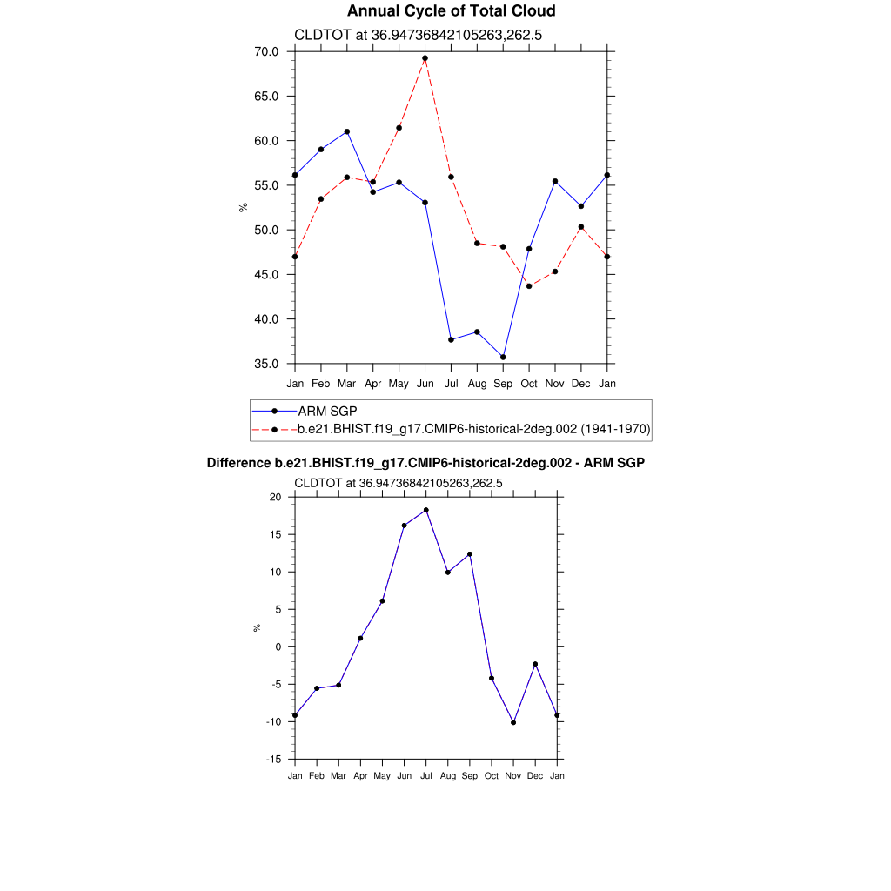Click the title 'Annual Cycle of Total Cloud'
451,11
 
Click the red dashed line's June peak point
425,58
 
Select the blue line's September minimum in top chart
503,357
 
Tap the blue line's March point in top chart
347,131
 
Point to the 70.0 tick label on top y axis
266,51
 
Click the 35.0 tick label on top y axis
266,364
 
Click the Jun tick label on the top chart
425,383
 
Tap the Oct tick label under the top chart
529,383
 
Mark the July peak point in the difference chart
426,510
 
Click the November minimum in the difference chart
513,722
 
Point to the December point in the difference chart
535,664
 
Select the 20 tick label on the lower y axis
276,497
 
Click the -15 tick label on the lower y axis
274,760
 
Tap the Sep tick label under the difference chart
470,775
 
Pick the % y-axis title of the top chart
244,207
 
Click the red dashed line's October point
529,286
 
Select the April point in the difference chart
360,639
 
